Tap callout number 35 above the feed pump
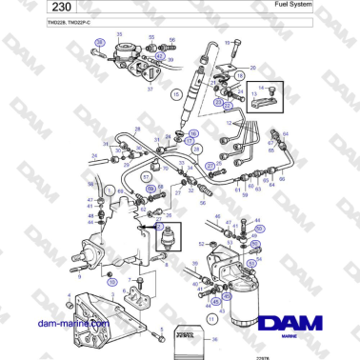click(x=120, y=35)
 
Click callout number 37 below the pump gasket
click(x=150, y=87)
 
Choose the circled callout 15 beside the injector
click(x=175, y=95)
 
